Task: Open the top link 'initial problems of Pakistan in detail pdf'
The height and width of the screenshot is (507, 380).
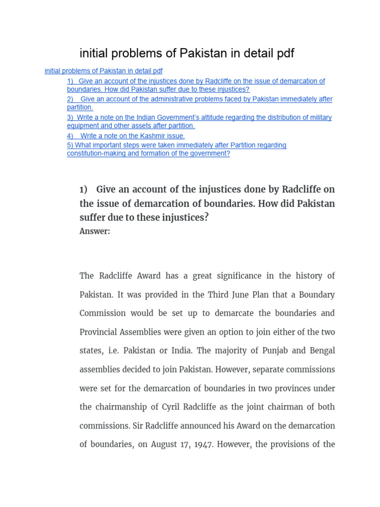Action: point(103,71)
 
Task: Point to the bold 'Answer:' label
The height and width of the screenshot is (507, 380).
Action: point(95,231)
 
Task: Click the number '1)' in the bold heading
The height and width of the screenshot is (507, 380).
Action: point(83,190)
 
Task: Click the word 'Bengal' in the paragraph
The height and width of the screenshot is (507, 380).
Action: point(323,351)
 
